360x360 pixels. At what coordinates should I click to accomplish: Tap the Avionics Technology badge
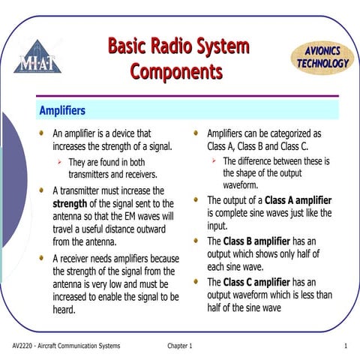click(x=322, y=57)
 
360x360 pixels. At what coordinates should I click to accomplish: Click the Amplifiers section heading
click(x=62, y=111)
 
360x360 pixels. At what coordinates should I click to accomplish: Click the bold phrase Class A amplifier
click(x=298, y=201)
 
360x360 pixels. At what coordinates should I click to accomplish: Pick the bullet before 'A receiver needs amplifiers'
click(x=43, y=258)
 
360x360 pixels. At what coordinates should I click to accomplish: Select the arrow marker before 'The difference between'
click(x=214, y=161)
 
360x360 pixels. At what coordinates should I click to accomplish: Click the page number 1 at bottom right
click(x=344, y=345)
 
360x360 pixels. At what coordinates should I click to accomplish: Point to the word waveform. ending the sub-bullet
click(x=241, y=185)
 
